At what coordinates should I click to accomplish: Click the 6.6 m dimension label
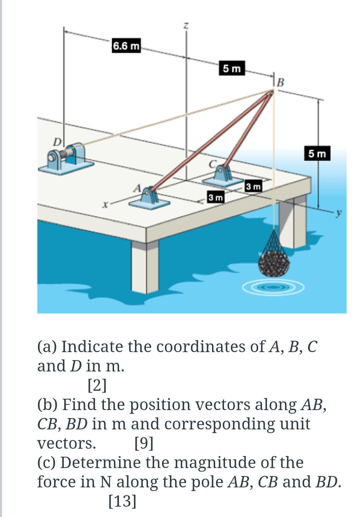[126, 46]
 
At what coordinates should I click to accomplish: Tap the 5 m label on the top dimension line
[232, 69]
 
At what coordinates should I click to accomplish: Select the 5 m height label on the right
[317, 154]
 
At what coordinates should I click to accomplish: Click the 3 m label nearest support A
[215, 197]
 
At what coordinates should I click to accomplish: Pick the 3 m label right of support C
[253, 187]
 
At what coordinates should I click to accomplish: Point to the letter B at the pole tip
[281, 82]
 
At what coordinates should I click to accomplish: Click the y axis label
[339, 213]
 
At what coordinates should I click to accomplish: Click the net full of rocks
[274, 261]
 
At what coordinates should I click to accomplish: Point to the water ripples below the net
[273, 287]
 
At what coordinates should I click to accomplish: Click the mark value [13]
[122, 501]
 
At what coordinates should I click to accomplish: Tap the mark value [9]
[144, 443]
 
